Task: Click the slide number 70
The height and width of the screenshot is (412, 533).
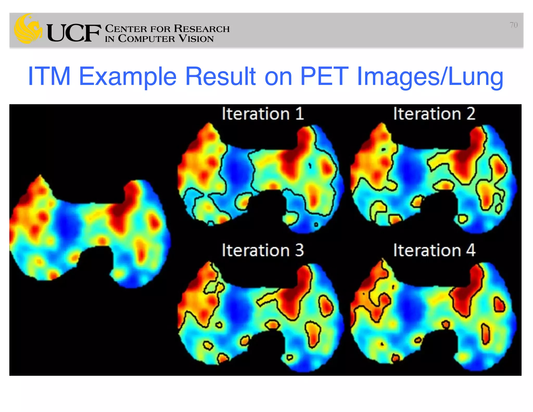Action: click(513, 25)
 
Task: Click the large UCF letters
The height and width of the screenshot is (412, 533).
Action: click(74, 33)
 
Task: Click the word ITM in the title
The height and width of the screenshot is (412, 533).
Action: click(49, 76)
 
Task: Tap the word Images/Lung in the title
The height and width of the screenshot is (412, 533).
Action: click(430, 77)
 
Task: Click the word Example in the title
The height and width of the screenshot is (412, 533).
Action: click(128, 77)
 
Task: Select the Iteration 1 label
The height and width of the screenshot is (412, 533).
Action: click(263, 114)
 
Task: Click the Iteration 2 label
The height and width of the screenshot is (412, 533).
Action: click(434, 114)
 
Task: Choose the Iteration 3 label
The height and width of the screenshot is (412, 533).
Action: click(263, 250)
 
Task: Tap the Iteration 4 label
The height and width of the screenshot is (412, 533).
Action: click(434, 250)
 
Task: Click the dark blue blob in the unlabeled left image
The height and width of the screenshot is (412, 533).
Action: click(67, 223)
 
